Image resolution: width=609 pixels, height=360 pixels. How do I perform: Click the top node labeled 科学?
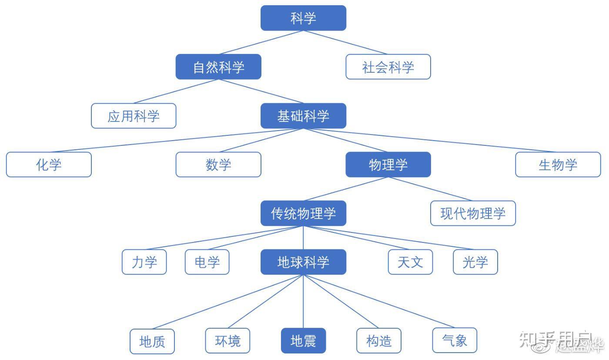(303, 18)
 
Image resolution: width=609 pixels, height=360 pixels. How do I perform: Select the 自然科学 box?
(218, 67)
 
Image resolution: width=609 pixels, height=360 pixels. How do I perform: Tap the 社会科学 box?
(388, 67)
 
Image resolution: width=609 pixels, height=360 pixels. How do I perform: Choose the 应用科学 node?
(134, 116)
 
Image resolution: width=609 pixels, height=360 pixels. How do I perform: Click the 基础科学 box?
(303, 116)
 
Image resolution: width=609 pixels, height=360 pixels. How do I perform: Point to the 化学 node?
(49, 165)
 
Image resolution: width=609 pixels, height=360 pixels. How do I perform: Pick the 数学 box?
(218, 165)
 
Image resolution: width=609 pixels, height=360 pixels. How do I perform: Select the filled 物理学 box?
(388, 165)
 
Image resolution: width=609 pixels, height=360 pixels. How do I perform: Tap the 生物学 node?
(558, 165)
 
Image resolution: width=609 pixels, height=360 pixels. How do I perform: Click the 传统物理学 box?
(303, 213)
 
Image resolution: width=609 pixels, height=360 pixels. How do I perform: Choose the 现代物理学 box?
(473, 213)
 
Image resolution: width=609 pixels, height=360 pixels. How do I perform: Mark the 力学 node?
(144, 262)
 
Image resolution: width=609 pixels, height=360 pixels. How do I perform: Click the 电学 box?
(207, 262)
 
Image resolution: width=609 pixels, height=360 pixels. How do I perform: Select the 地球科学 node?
(303, 262)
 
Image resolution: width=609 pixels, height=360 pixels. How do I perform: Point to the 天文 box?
(410, 262)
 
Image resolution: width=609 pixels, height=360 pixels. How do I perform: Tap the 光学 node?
(475, 262)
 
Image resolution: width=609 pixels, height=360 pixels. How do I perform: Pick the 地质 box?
(152, 341)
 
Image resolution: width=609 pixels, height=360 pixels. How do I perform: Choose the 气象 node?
(455, 340)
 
